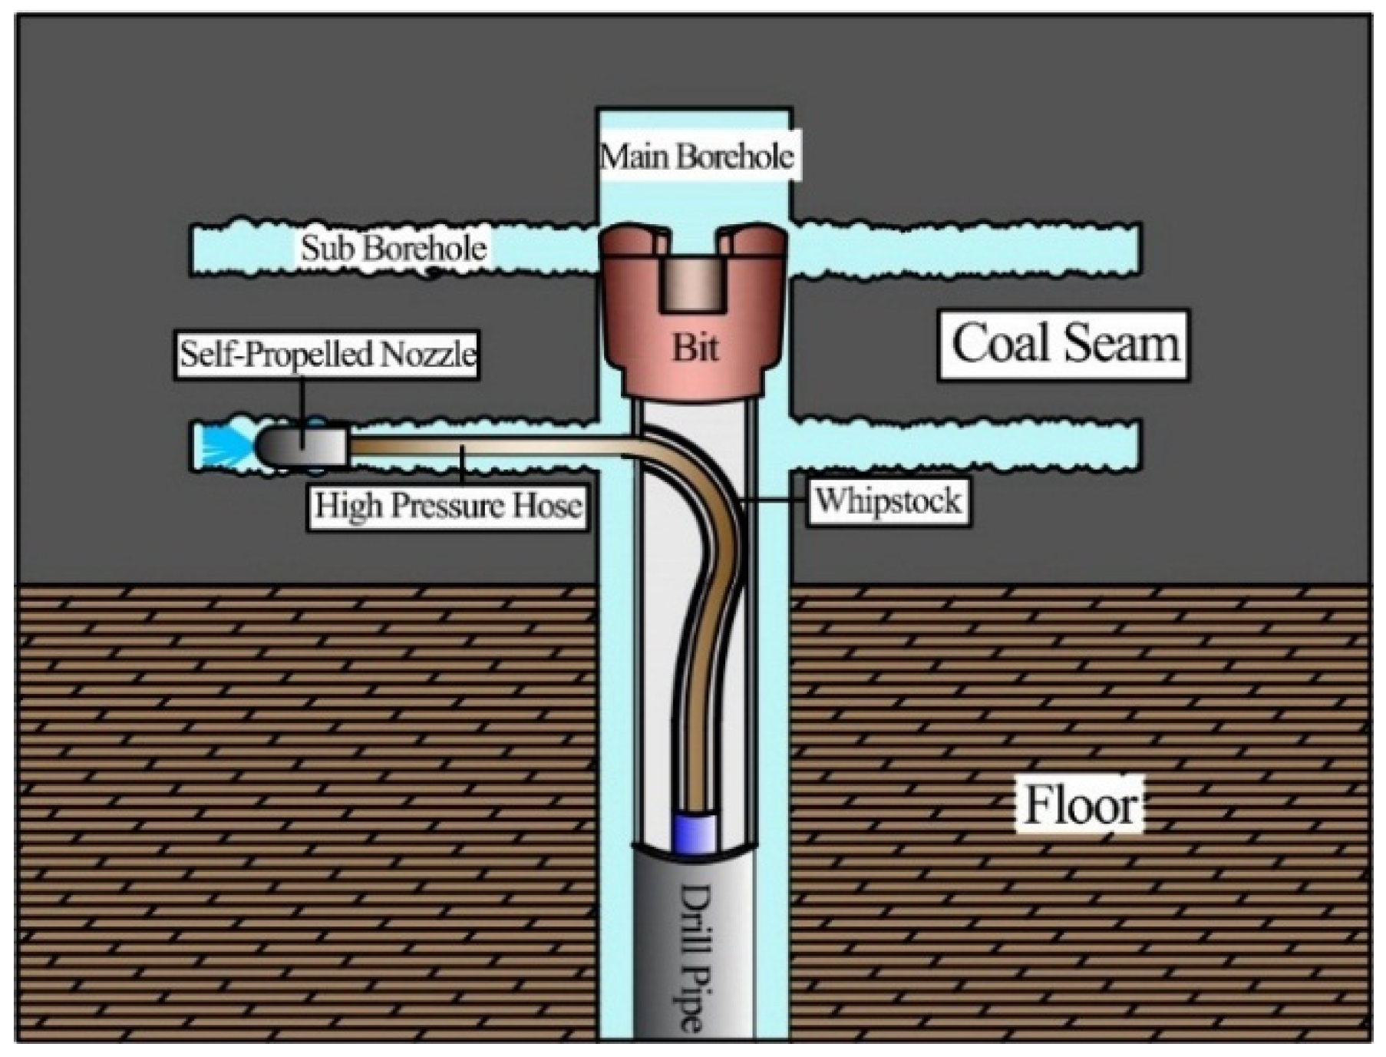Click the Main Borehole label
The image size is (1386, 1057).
pos(696,157)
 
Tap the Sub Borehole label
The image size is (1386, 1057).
pos(393,248)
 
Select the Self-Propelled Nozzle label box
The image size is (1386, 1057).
pos(327,355)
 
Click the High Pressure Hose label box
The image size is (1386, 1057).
pos(447,506)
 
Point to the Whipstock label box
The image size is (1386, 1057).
pos(887,501)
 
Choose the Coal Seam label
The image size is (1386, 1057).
pos(1064,344)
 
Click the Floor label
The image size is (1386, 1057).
pos(1080,806)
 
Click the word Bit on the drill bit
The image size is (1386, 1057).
pos(695,348)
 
